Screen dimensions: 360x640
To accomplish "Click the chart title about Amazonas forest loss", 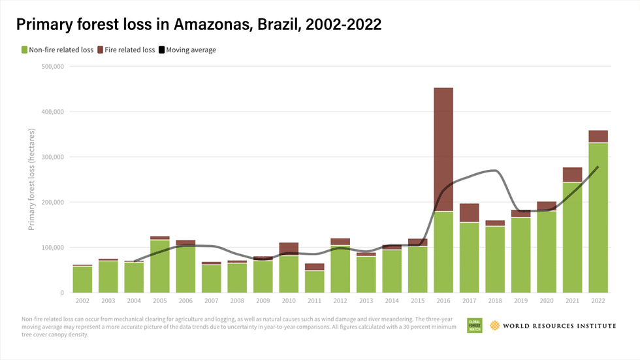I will (199, 24).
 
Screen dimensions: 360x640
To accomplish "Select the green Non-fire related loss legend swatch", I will (25, 50).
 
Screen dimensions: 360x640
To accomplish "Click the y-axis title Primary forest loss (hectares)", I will (31, 180).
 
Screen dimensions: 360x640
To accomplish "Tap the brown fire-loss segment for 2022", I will (598, 136).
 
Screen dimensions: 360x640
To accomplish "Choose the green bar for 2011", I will (315, 282).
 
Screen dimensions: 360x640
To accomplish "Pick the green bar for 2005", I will (160, 266).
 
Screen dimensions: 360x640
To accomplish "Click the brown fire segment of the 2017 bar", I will (469, 213).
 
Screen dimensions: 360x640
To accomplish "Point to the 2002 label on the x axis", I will (83, 301).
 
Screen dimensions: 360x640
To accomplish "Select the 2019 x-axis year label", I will (520, 301).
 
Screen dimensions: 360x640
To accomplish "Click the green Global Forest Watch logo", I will (474, 325).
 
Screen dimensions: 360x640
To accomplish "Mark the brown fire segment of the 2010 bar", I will (289, 249).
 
